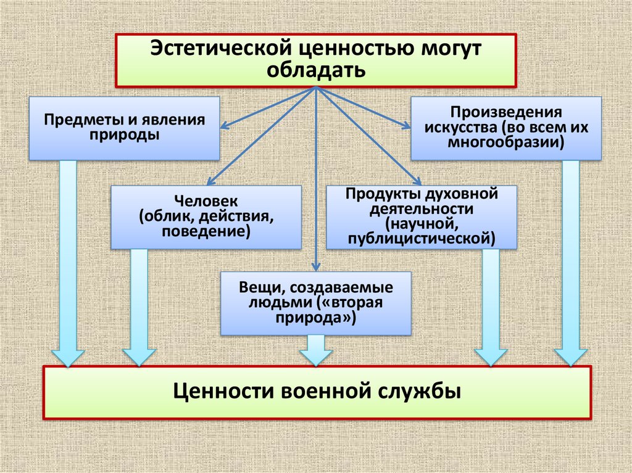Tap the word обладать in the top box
point(316,70)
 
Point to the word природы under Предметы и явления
point(124,134)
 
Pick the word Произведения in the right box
point(505,113)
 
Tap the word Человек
point(206,202)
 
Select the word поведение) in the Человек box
point(206,232)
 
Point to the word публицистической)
point(422,238)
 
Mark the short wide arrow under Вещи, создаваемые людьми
point(315,350)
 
